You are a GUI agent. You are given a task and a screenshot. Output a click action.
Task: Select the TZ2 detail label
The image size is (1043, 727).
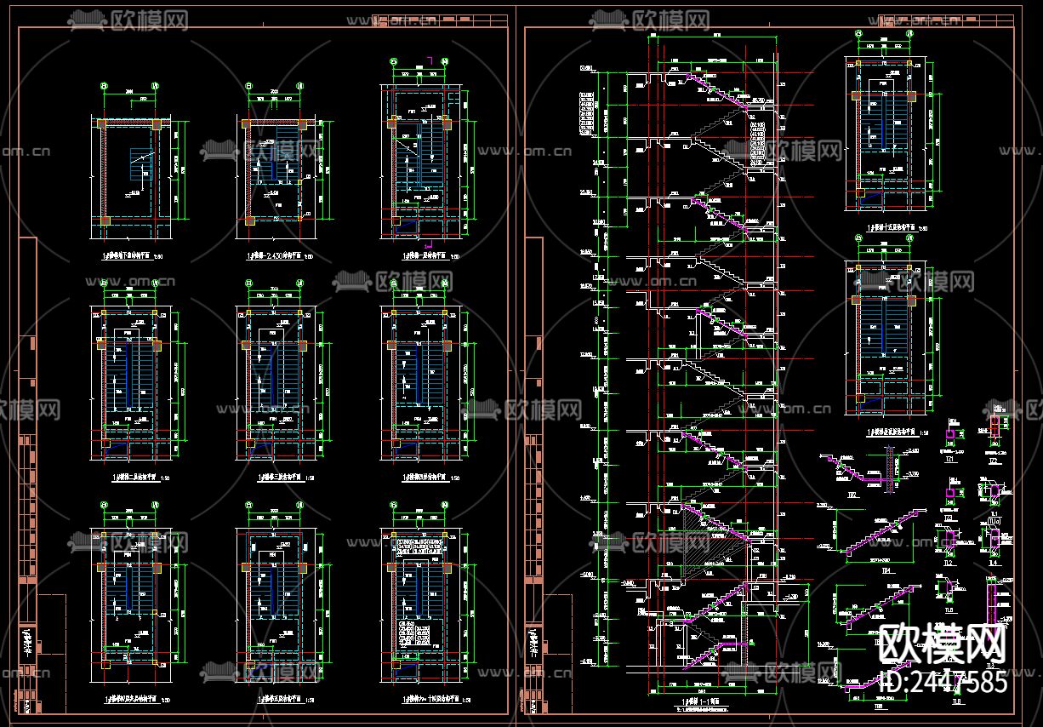(994, 460)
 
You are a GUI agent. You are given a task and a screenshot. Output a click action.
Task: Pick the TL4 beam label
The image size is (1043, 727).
(995, 563)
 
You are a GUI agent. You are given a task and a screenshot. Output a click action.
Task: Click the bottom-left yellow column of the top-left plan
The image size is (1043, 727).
(104, 220)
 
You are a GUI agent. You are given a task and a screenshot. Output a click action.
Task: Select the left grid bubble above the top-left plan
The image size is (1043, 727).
(104, 85)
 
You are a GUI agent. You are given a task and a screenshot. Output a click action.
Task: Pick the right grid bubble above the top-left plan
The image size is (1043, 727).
(155, 85)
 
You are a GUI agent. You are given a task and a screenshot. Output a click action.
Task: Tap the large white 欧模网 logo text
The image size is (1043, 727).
(943, 644)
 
